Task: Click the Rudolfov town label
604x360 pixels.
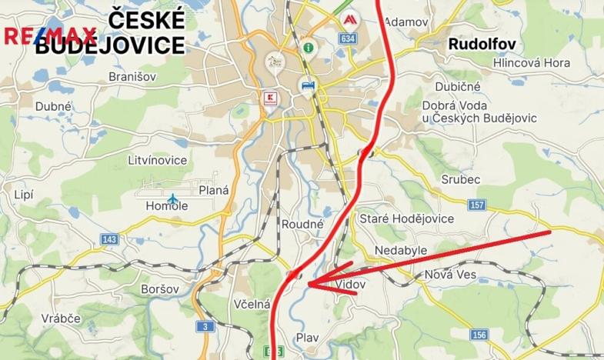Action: (x=482, y=44)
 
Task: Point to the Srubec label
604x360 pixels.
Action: (x=462, y=179)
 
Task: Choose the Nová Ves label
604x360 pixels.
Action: (x=451, y=275)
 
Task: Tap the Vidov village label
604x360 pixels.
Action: (x=352, y=284)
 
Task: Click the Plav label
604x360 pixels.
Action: (x=307, y=337)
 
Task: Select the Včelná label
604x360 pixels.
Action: (x=252, y=304)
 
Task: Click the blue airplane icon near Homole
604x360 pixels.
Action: (x=173, y=198)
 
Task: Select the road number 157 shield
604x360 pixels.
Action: (x=477, y=204)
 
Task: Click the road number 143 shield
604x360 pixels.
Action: (x=108, y=240)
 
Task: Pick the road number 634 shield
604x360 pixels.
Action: (x=349, y=38)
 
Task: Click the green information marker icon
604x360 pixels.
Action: (x=308, y=47)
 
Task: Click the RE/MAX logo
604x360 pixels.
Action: (x=50, y=35)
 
